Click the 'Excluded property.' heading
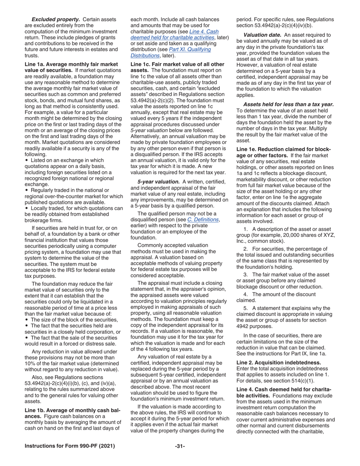(56, 19)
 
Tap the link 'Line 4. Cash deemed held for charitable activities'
(174, 34)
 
